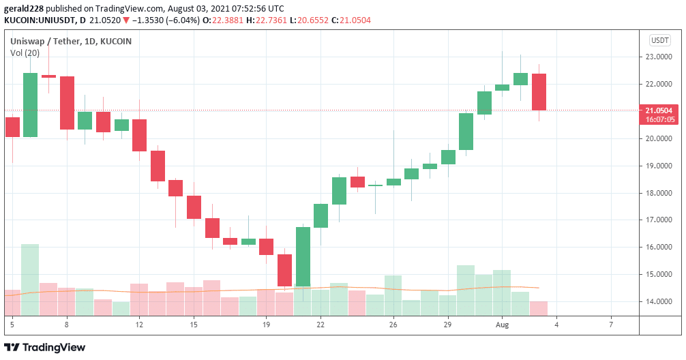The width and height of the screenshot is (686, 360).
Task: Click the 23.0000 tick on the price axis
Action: coord(660,57)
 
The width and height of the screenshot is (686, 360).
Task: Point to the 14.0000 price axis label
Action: coord(660,301)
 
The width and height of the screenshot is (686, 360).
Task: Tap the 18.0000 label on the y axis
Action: coord(660,193)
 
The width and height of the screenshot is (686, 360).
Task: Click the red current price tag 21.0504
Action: coord(659,110)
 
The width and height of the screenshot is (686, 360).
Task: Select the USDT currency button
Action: coord(659,40)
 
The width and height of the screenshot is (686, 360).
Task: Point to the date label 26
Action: coord(393,325)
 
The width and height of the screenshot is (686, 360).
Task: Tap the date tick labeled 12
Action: coord(139,325)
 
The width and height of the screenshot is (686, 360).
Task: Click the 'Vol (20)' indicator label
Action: coord(25,52)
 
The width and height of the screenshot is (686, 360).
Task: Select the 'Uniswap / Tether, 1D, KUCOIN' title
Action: coord(71,41)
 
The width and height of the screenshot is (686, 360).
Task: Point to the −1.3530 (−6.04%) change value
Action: coord(166,20)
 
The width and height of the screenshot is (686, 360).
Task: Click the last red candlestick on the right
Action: coord(539,91)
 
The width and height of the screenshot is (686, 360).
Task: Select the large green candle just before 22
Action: coord(303,256)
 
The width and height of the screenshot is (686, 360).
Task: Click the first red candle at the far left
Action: coord(12,127)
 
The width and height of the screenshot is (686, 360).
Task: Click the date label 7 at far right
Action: coord(612,325)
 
